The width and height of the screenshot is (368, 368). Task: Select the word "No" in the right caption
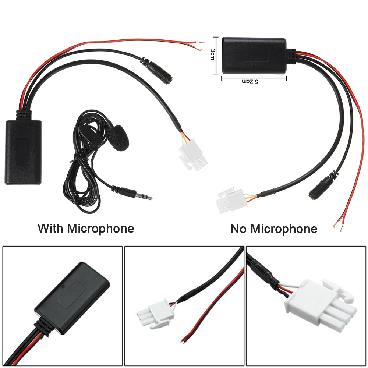click(x=239, y=229)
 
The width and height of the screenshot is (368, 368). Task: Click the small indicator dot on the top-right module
click(x=254, y=67)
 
